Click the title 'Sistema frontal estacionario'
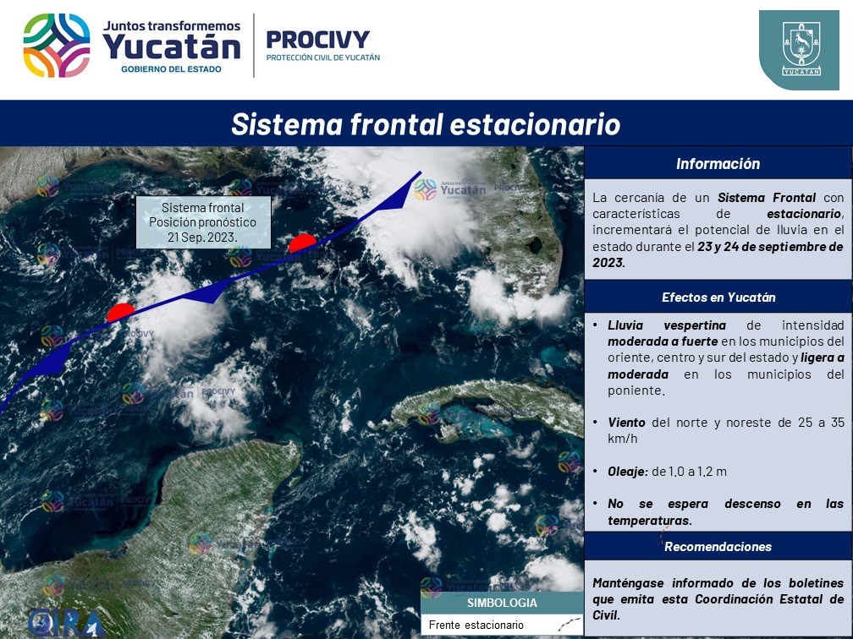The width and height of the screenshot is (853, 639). point(426,124)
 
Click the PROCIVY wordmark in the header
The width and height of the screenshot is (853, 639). point(317,39)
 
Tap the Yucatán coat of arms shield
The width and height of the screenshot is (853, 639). point(799,49)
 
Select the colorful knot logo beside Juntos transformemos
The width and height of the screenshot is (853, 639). point(57,46)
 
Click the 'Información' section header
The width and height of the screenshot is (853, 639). point(718,164)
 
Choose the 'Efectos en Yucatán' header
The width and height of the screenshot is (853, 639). point(718,298)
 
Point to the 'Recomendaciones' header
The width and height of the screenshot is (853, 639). point(718,547)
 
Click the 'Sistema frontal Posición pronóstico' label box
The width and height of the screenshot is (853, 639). point(203,222)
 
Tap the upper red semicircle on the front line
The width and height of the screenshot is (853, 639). point(302,243)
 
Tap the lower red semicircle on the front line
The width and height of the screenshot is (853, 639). point(120,312)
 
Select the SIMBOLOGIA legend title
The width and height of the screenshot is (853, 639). point(502,603)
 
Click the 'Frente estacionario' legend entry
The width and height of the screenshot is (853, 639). point(476,625)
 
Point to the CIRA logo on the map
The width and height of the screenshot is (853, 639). point(66,623)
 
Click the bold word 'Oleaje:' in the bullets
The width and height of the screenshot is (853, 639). point(628,471)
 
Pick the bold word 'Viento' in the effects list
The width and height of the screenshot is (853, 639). point(626,423)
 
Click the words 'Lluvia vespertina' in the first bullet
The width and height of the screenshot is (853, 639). point(667,325)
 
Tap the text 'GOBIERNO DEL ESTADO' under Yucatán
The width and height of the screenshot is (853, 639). point(171,69)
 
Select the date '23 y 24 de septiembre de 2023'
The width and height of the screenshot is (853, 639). point(718,254)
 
